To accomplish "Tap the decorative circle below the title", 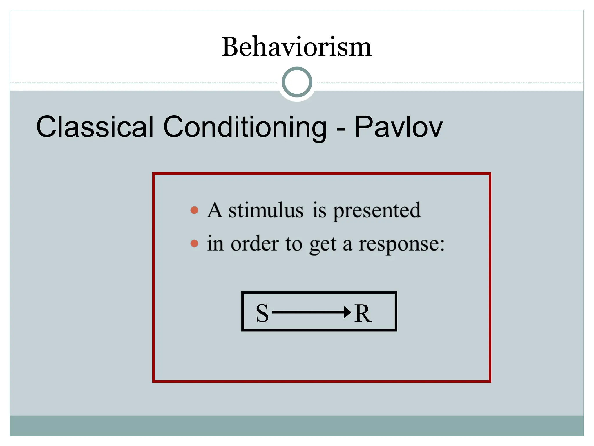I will tap(297, 82).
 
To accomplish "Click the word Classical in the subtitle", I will tap(95, 127).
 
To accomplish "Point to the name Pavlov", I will tap(399, 127).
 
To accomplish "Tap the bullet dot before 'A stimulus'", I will tap(194, 210).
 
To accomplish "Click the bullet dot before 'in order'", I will tap(194, 244).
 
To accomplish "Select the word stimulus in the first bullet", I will tap(266, 210).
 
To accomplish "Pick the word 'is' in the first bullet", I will tap(319, 210).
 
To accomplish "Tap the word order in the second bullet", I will tap(255, 244).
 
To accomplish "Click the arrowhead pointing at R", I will tap(347, 312).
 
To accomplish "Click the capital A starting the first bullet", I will tap(215, 210).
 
